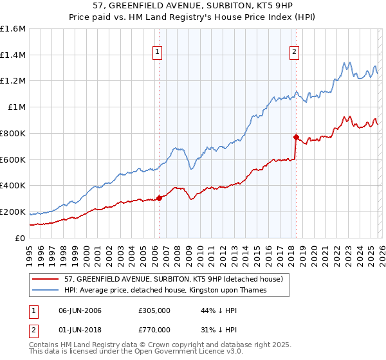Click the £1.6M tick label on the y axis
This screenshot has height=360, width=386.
coord(13,29)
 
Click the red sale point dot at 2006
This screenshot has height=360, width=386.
coord(159,198)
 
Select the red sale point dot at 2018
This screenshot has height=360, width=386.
coord(295,137)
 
